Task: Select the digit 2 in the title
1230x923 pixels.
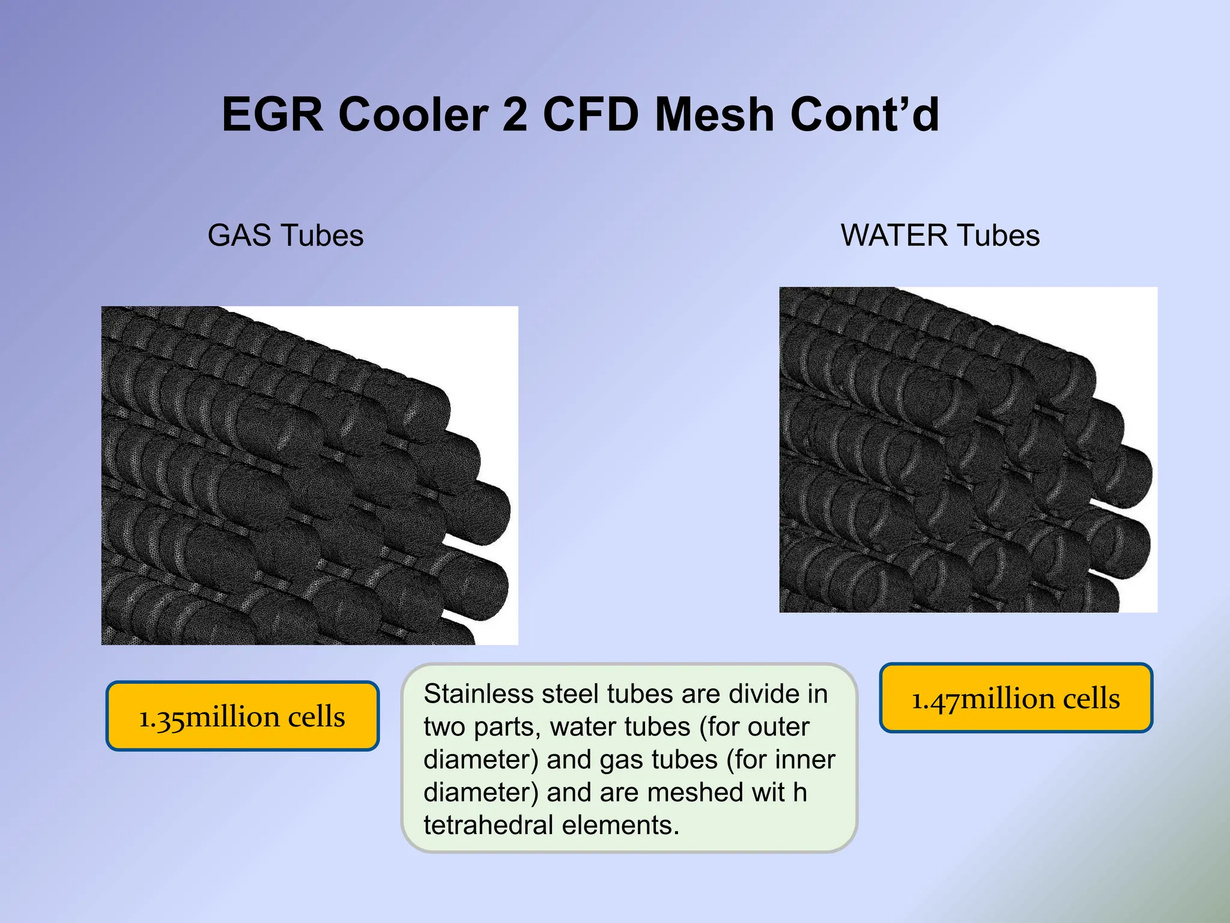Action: [515, 115]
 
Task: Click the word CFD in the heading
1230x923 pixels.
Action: [591, 115]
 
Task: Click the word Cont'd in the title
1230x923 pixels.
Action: [865, 115]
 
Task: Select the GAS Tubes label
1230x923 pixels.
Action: [285, 235]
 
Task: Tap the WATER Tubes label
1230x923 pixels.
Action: [940, 235]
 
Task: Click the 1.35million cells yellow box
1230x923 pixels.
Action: [242, 716]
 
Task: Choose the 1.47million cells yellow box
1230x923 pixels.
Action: [1016, 698]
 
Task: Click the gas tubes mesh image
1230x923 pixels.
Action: [309, 475]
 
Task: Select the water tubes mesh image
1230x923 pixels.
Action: [968, 449]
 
